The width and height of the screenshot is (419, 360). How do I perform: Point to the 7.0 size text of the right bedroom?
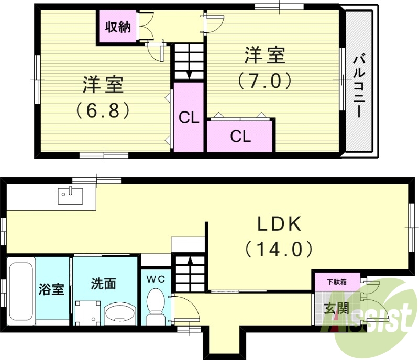(264, 81)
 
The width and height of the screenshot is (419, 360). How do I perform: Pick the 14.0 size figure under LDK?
(279, 249)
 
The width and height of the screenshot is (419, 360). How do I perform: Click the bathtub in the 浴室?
(20, 290)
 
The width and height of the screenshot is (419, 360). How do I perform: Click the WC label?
(155, 279)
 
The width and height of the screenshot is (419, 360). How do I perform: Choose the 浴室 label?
(52, 289)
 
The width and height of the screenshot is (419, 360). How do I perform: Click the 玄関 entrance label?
(335, 309)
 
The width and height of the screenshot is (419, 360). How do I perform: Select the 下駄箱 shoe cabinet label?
(336, 282)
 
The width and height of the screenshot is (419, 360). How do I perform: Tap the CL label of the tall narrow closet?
(189, 118)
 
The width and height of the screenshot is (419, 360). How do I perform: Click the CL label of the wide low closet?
(240, 137)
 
